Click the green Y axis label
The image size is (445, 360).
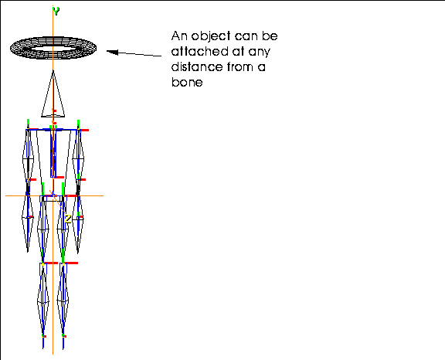click(56, 11)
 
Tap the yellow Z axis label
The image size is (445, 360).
click(67, 219)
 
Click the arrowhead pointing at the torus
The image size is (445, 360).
click(112, 52)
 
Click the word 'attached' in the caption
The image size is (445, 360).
click(200, 51)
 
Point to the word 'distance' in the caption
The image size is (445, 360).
click(197, 67)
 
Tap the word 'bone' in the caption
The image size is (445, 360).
click(187, 82)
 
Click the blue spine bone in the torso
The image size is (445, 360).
click(53, 153)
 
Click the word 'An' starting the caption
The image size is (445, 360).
click(180, 36)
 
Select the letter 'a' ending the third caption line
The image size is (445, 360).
click(262, 68)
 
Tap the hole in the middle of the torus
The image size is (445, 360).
click(53, 49)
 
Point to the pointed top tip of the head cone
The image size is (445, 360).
click(53, 70)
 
